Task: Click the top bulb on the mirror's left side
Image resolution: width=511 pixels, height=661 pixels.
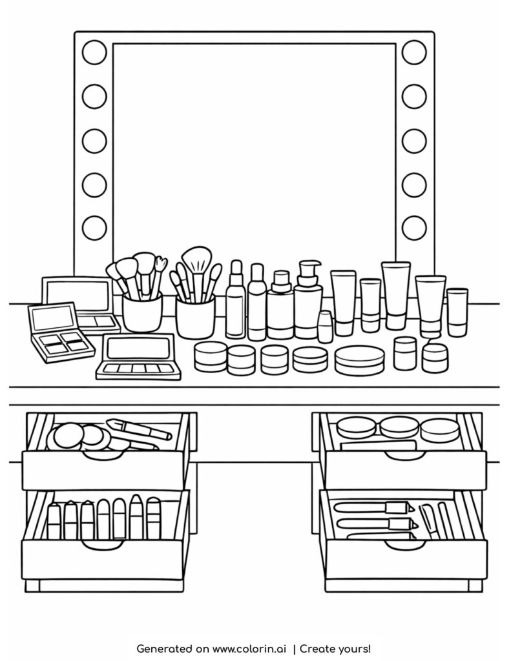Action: [x=94, y=51]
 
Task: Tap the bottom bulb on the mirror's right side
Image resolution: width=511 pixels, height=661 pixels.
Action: [x=414, y=228]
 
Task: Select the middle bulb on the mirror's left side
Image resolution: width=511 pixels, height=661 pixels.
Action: [x=94, y=140]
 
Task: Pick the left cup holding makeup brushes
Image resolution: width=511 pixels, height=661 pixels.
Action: [x=141, y=314]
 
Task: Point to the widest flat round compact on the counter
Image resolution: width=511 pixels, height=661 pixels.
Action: [x=359, y=359]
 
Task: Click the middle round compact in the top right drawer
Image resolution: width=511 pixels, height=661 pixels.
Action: [x=399, y=427]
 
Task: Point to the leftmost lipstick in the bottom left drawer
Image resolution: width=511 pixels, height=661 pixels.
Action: [x=54, y=520]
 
